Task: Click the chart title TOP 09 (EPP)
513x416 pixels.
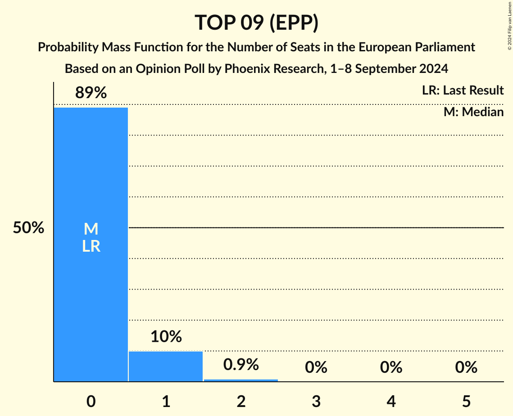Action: click(x=256, y=23)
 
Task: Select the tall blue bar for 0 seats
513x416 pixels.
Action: click(x=91, y=293)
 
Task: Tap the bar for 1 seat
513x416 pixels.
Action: click(x=166, y=366)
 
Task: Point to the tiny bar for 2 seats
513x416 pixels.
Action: click(x=241, y=380)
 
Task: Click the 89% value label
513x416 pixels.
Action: click(x=91, y=93)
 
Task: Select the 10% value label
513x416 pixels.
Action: click(x=166, y=336)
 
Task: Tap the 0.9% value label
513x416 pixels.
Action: click(x=241, y=365)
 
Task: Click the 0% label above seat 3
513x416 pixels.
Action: click(x=316, y=367)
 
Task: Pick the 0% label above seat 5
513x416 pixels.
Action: click(x=466, y=367)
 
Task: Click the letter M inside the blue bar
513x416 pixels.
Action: click(x=91, y=229)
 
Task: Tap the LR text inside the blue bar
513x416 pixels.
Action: click(x=91, y=246)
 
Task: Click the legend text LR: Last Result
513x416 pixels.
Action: click(x=463, y=90)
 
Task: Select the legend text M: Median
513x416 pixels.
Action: click(x=473, y=112)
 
